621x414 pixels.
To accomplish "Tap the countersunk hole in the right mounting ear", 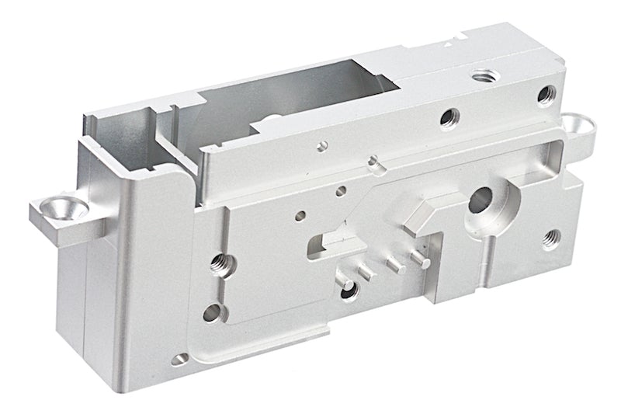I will click(576, 123).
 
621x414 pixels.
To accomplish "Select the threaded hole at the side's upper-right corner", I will click(546, 96).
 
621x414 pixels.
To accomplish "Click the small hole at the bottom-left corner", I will click(181, 360).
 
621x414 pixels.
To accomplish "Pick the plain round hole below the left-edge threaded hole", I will click(212, 314).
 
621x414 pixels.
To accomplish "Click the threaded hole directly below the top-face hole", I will click(449, 117).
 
